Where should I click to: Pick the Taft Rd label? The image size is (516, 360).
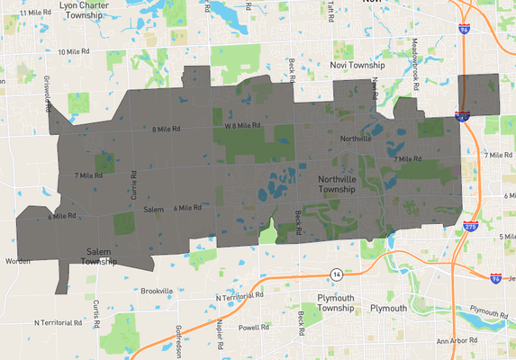tap(330, 7)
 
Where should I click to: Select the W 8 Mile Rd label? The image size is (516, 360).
tap(242, 125)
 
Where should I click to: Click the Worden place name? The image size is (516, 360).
tap(18, 261)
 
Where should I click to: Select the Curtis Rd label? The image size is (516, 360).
tap(94, 309)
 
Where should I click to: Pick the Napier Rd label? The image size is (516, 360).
tap(219, 330)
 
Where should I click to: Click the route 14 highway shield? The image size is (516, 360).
tap(335, 273)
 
